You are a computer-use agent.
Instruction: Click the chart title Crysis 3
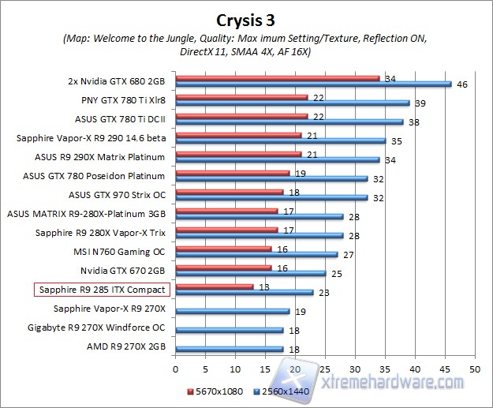coord(246,19)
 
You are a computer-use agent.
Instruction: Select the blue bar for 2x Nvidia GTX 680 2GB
coord(313,84)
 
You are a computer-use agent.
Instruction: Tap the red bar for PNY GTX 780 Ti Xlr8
coord(241,97)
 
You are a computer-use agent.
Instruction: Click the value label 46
coord(462,84)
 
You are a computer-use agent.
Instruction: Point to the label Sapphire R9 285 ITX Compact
coord(103,290)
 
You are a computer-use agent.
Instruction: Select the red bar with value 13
coord(215,286)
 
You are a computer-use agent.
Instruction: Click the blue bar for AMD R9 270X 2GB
coord(229,349)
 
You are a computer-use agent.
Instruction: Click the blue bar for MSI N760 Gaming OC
coord(256,254)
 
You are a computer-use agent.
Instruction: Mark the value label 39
coord(420,103)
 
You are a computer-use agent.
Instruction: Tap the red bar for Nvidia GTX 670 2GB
coord(223,268)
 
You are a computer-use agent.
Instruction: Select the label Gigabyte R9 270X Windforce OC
coord(96,328)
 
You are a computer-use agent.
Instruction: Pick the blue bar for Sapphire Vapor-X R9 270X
coord(232,311)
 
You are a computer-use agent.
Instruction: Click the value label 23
coord(324,293)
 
